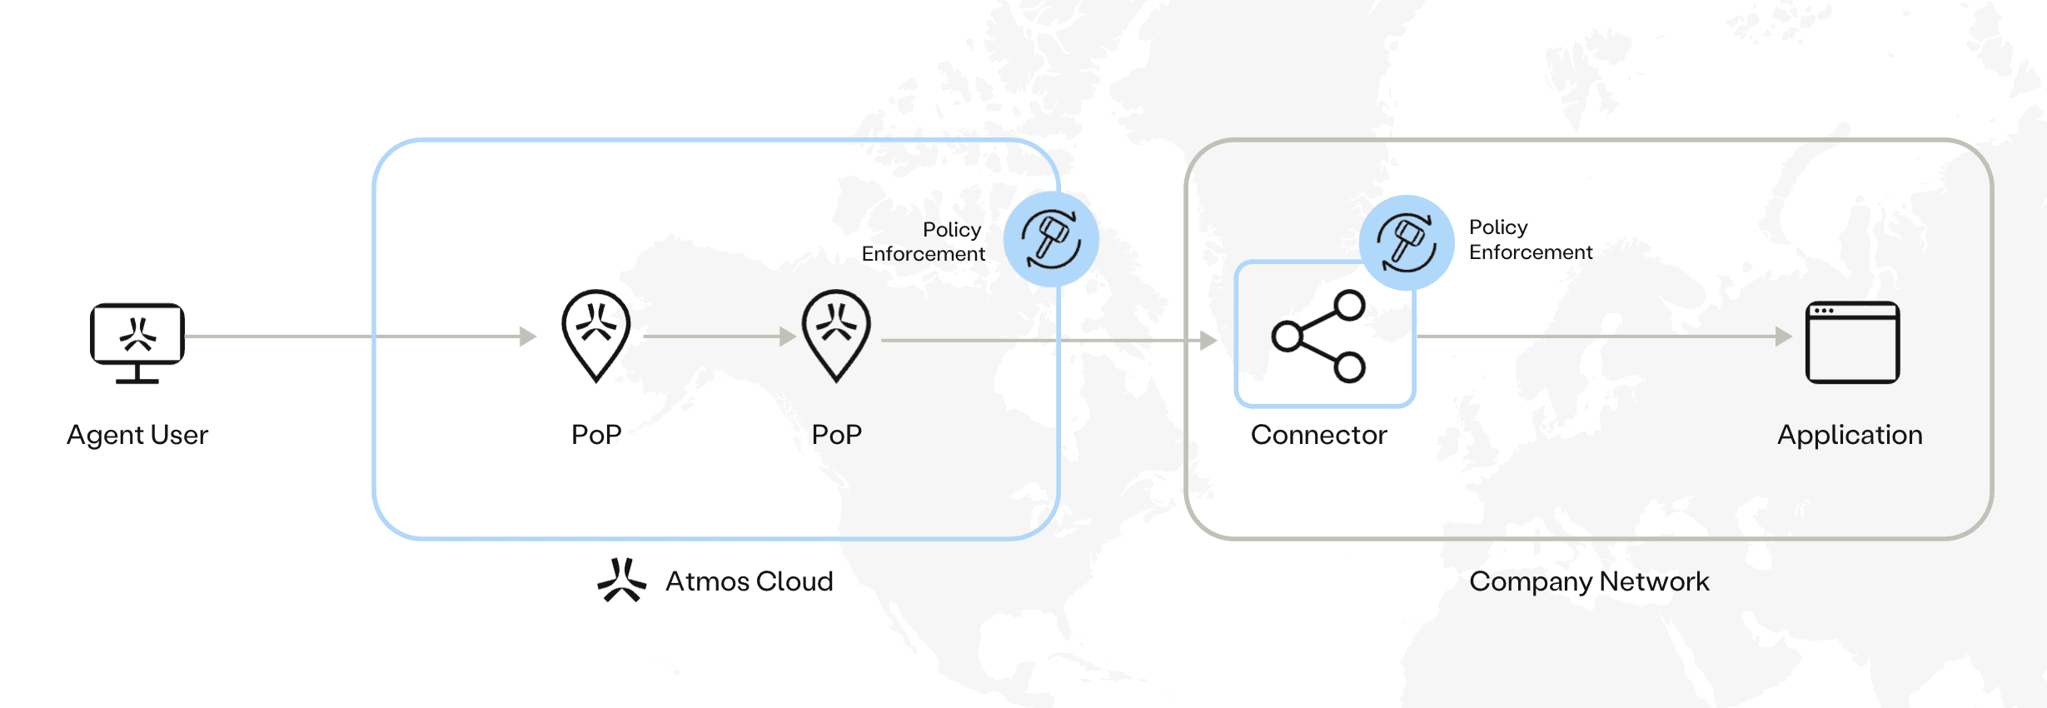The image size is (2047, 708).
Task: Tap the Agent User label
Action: point(137,435)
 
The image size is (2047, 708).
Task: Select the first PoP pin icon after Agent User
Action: point(596,336)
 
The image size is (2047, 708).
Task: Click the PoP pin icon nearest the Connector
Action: point(836,336)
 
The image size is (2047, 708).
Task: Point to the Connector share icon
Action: point(1318,336)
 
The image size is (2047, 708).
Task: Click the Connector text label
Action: point(1319,435)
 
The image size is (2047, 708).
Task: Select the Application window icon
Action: point(1852,342)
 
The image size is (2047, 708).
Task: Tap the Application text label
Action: point(1850,436)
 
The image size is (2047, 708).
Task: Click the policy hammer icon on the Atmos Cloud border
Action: point(1051,240)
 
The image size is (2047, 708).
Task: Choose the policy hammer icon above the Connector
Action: point(1407,242)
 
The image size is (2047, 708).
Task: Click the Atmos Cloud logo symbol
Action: point(621,580)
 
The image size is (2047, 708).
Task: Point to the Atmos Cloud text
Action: point(750,581)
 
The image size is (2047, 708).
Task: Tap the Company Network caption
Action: point(1589,581)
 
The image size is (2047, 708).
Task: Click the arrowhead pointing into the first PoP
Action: point(528,337)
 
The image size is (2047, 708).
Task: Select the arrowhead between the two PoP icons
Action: point(788,337)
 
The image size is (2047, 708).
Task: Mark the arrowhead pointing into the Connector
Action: point(1208,340)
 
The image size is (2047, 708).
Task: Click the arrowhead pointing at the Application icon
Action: point(1784,337)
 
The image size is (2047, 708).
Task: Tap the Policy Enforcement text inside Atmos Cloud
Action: point(924,242)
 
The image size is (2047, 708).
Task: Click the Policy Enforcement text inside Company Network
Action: point(1531,240)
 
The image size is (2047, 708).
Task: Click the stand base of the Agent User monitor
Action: point(137,381)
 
